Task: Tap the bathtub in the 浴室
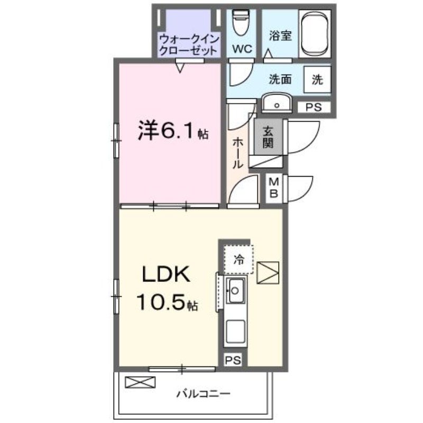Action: click(x=316, y=33)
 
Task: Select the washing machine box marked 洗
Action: click(x=317, y=80)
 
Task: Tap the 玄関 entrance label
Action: click(x=268, y=137)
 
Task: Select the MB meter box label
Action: click(x=274, y=187)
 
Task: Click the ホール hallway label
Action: click(x=238, y=153)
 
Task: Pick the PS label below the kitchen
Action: click(x=233, y=361)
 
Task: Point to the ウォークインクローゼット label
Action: click(x=188, y=45)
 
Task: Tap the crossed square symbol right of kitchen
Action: click(x=268, y=273)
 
